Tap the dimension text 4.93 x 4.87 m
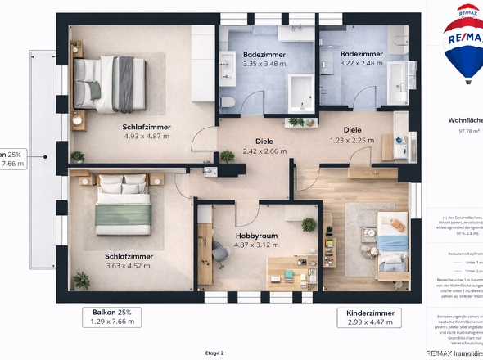click(x=146, y=137)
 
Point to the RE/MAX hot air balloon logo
click(x=463, y=43)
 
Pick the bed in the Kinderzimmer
click(x=391, y=241)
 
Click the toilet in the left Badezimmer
click(x=230, y=101)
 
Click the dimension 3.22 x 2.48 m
click(x=361, y=64)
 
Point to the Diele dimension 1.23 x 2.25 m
click(x=353, y=140)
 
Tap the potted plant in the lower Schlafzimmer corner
click(x=81, y=280)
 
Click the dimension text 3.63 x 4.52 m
click(x=129, y=266)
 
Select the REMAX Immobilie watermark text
click(x=452, y=352)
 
